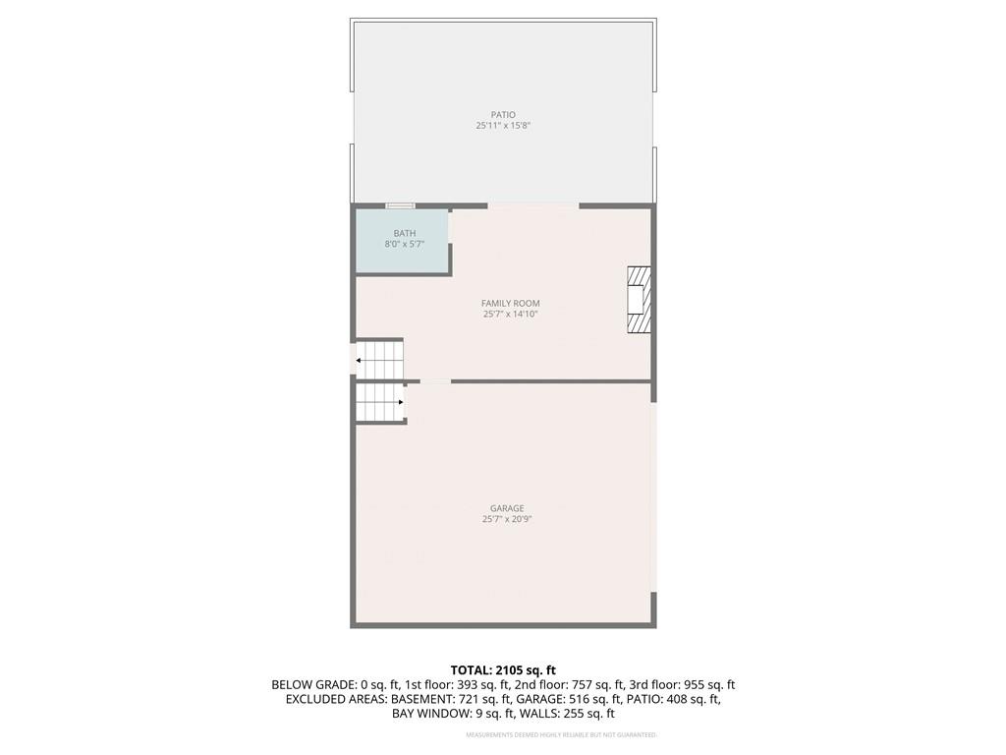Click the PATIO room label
(503, 115)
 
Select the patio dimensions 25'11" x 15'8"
(503, 126)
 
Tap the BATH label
(404, 233)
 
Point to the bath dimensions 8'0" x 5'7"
(404, 244)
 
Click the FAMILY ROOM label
(511, 303)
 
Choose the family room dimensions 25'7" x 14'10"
(511, 314)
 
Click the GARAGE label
(507, 508)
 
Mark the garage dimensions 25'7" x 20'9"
(507, 519)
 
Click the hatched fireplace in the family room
(639, 300)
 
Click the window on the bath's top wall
(401, 206)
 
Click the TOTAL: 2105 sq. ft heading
(503, 670)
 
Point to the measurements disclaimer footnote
(561, 734)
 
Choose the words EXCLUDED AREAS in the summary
(336, 699)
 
